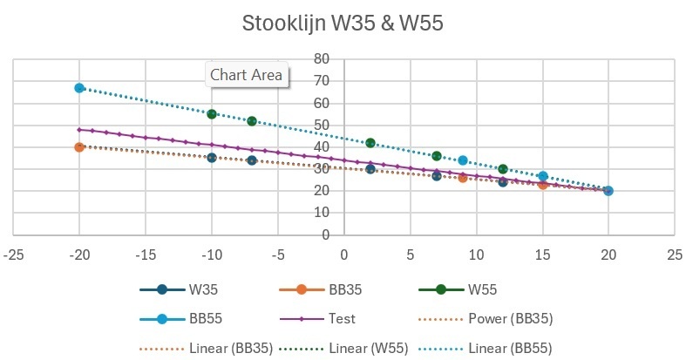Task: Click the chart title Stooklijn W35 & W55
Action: pos(343,24)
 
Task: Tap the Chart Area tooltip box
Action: pos(247,75)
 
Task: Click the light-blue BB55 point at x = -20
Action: pos(79,88)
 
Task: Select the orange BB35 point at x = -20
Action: pos(79,147)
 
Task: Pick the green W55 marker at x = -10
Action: pos(212,114)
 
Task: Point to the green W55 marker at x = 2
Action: pos(370,143)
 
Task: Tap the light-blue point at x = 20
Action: pos(608,191)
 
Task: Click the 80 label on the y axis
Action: pos(322,59)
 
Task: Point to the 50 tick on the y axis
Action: pos(322,125)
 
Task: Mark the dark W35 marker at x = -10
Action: pos(212,158)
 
